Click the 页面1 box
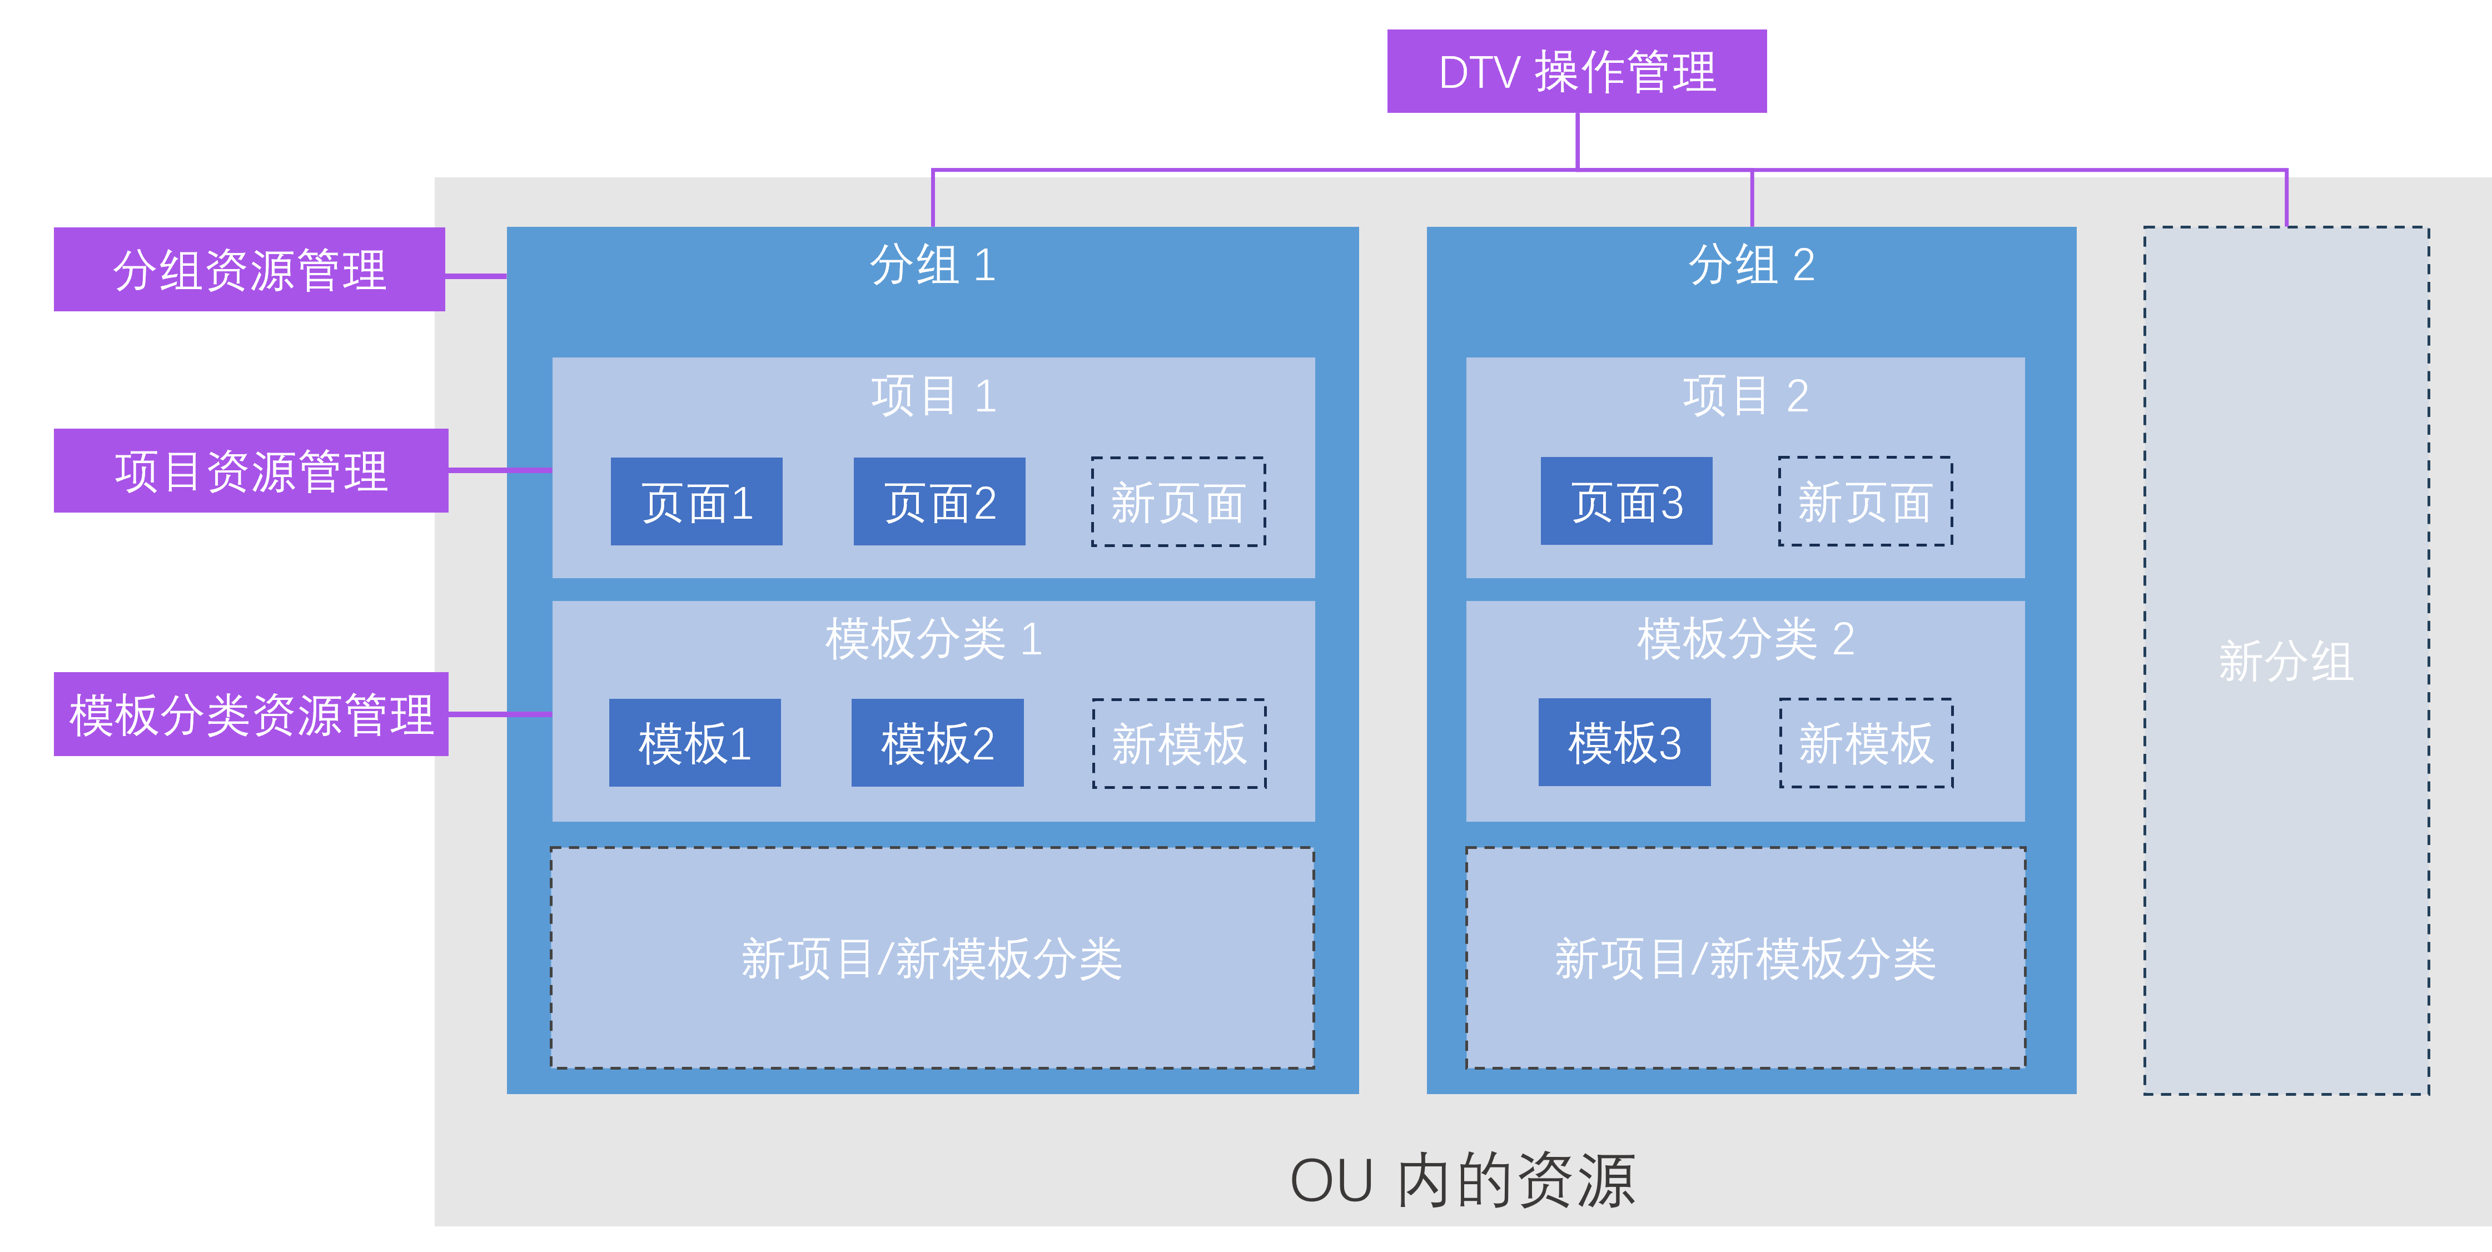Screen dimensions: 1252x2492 coord(697,501)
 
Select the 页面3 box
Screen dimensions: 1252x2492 coord(1626,501)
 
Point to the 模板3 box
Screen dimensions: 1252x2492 coord(1624,742)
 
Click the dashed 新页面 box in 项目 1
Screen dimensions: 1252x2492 coord(1178,501)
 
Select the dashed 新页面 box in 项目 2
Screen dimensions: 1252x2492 coord(1865,501)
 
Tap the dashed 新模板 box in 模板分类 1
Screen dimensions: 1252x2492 coord(1179,743)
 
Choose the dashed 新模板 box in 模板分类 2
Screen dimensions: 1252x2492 coord(1866,743)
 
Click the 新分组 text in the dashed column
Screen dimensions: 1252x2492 coord(2285,662)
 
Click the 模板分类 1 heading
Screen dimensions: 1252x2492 coord(933,639)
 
